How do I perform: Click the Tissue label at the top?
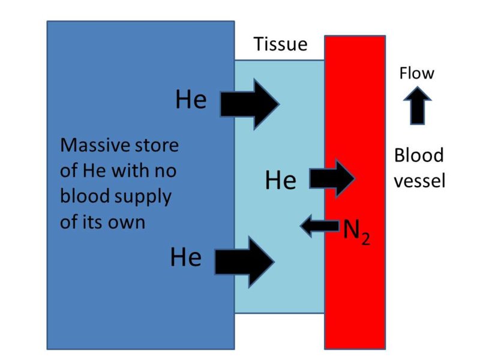click(x=280, y=44)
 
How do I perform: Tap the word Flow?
click(x=416, y=74)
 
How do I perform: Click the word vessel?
click(x=419, y=181)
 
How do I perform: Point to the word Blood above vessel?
click(x=419, y=156)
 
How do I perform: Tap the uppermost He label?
click(x=191, y=100)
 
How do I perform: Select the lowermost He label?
click(x=185, y=258)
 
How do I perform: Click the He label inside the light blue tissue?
click(x=281, y=180)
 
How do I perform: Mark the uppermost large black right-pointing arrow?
click(x=250, y=104)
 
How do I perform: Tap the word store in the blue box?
click(x=160, y=145)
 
